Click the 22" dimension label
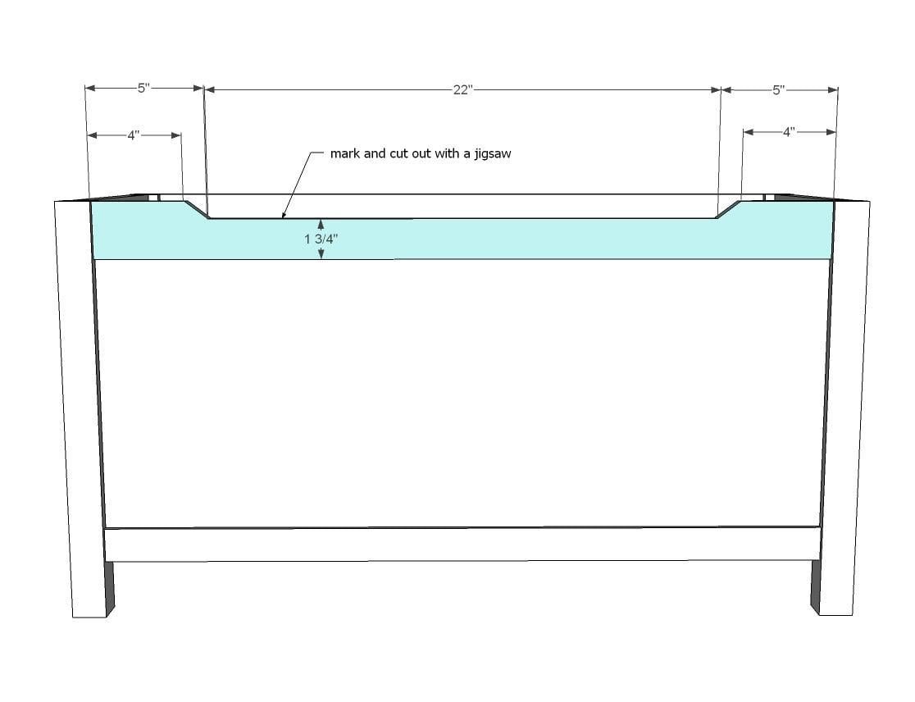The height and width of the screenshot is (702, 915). [x=462, y=90]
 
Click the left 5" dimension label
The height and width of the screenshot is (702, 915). [x=143, y=88]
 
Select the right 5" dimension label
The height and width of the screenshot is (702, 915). [x=778, y=90]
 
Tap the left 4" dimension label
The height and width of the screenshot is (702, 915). [x=134, y=135]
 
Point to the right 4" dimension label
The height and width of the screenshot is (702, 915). [x=789, y=132]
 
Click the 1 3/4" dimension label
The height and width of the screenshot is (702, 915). [x=321, y=239]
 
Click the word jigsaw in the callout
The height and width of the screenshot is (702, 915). [x=492, y=154]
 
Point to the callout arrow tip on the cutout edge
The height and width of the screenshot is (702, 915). [x=284, y=217]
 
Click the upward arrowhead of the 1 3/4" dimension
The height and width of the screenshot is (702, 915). [x=321, y=224]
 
